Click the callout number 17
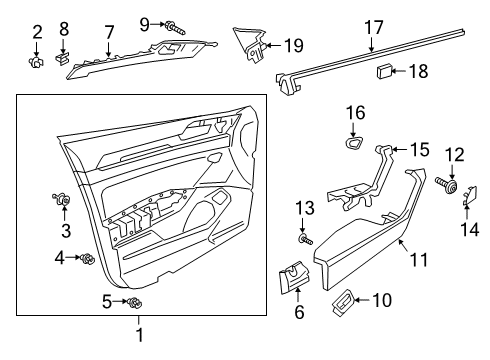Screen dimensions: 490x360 (374, 27)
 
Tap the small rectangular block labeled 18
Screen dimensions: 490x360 (384, 71)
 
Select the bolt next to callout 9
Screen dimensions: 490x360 (175, 28)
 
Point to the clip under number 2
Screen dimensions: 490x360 (36, 62)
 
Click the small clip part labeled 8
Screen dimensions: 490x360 (62, 58)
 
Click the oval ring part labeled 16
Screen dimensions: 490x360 (354, 143)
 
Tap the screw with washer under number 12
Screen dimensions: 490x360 (447, 185)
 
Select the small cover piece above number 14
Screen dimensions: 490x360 (470, 195)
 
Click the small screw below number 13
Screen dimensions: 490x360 (305, 239)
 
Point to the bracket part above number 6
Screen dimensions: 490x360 (294, 277)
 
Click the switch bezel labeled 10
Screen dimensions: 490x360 (342, 302)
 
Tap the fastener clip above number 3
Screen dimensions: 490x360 (62, 199)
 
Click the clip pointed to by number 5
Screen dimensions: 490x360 (135, 303)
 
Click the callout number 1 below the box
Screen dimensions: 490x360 (140, 334)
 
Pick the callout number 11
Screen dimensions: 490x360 (419, 260)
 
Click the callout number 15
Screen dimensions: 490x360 (420, 149)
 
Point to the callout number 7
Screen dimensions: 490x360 (109, 33)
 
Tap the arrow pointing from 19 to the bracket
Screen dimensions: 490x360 (274, 45)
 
